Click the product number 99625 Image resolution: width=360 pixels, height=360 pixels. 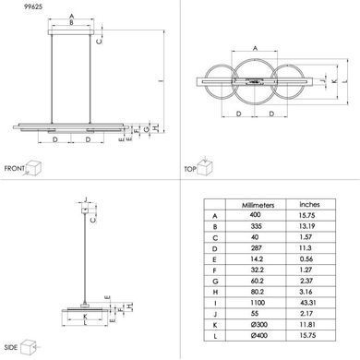click(x=33, y=6)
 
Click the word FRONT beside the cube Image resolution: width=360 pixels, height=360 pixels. click(x=14, y=169)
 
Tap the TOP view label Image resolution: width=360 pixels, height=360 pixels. click(x=190, y=169)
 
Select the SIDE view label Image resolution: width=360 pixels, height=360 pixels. click(x=11, y=347)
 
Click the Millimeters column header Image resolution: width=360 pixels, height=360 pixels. click(x=258, y=205)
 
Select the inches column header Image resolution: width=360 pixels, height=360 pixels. click(x=309, y=204)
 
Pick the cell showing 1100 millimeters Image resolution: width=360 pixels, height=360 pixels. click(x=258, y=303)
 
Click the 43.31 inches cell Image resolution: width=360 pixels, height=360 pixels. click(x=308, y=303)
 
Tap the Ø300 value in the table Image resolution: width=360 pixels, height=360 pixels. click(x=258, y=324)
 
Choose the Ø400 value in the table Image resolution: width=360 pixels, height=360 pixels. click(x=258, y=335)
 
